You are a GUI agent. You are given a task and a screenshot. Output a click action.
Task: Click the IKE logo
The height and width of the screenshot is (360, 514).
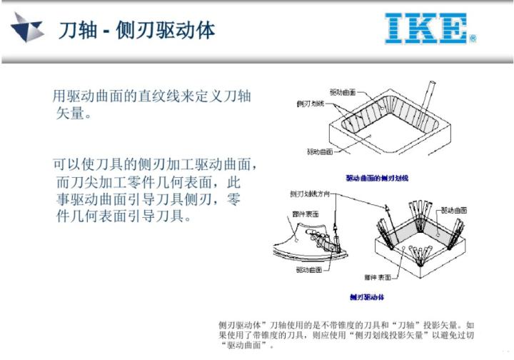[x=426, y=28]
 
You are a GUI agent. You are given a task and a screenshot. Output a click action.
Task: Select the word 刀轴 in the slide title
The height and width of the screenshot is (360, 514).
[x=74, y=29]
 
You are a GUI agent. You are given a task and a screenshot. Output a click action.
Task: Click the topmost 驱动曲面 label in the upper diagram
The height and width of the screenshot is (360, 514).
[x=342, y=92]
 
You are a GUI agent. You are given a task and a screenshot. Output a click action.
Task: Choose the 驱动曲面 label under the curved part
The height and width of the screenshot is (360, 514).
[x=310, y=270]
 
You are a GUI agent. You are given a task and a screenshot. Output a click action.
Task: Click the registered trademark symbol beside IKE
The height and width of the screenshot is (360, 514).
[x=473, y=39]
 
